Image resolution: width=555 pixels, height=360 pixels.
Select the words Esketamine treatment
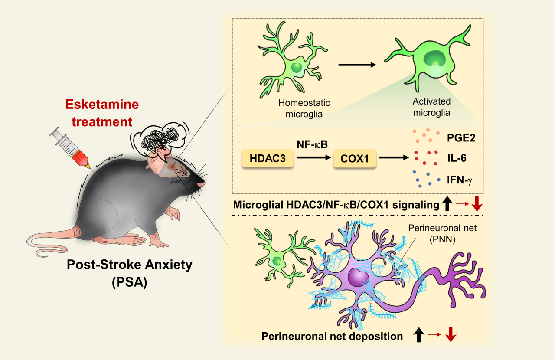point(102,113)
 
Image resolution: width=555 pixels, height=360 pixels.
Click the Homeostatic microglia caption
point(304,108)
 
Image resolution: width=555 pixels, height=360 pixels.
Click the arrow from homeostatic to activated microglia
point(356,65)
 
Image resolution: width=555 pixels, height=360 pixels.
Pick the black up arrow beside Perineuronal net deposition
point(418,335)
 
